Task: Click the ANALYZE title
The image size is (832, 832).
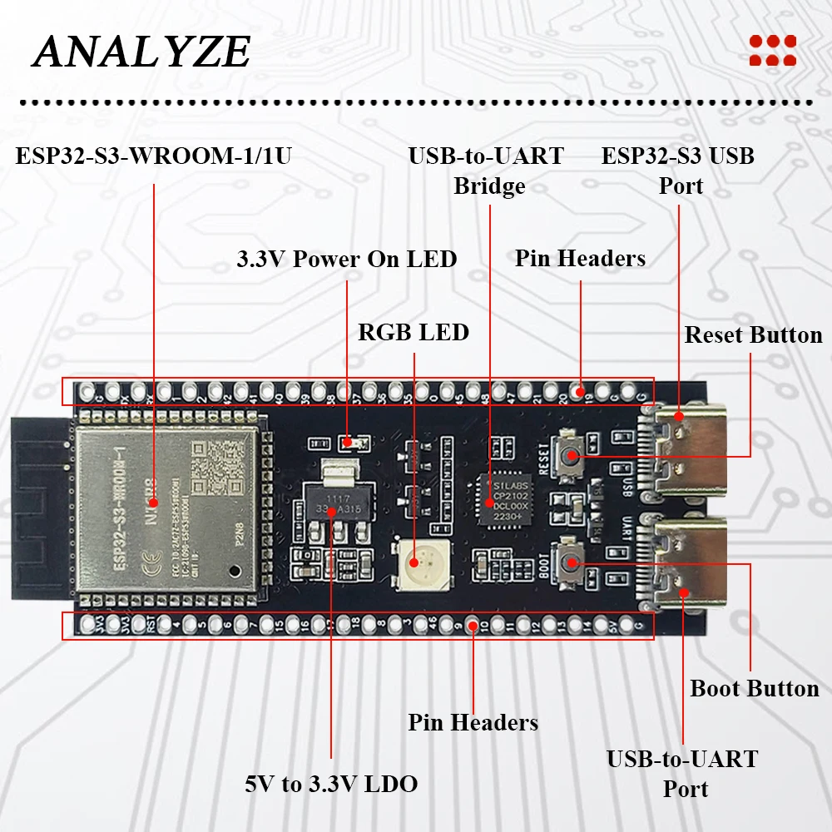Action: pos(141,52)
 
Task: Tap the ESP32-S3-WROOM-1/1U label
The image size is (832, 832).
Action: pos(154,156)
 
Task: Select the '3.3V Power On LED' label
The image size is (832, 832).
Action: pos(347,259)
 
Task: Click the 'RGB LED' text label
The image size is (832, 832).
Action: pos(414,333)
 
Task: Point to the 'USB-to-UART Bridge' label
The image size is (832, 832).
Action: pos(488,171)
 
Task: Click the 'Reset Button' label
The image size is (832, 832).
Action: pos(753,335)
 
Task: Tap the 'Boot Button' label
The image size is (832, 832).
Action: pos(755,689)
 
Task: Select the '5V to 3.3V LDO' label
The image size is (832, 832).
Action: pos(331,784)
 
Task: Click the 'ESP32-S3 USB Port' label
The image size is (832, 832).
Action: pos(679,171)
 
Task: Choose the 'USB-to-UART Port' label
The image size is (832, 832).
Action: pos(682,774)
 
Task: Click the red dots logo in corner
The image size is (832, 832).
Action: pos(772,50)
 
